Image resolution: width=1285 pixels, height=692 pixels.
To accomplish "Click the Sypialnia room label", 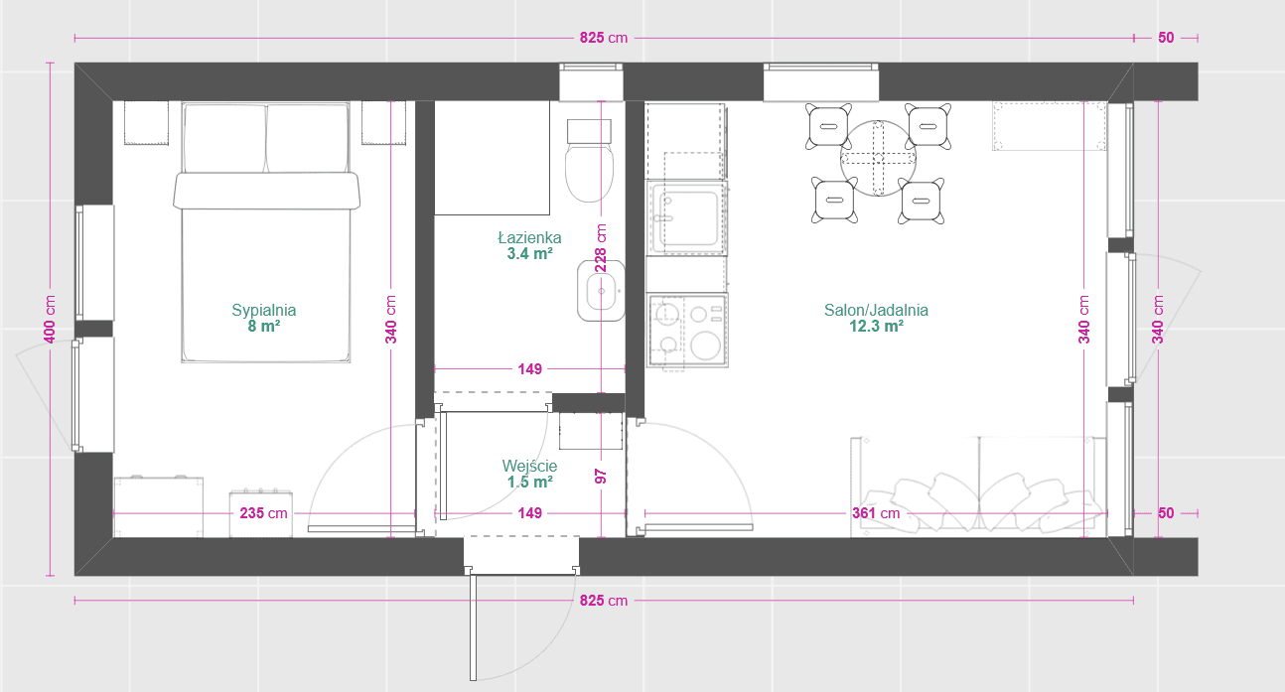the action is tap(264, 310).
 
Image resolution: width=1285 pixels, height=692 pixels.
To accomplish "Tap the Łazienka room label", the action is tap(529, 237).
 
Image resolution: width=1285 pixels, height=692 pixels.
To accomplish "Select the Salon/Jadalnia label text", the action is tap(876, 310).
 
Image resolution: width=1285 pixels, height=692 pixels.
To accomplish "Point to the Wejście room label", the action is tap(529, 466).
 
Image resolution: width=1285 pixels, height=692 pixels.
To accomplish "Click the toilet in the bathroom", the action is tap(589, 161).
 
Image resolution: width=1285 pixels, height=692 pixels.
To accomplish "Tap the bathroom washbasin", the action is tap(601, 291).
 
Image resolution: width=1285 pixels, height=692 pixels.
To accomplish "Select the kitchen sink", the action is tap(687, 218).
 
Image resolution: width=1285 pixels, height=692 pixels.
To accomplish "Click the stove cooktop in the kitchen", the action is tap(687, 330).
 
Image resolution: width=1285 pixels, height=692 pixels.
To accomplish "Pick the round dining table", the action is tap(878, 158).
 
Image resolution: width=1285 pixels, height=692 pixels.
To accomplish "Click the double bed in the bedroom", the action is tap(266, 232).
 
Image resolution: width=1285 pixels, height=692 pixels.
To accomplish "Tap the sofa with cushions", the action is tap(979, 486).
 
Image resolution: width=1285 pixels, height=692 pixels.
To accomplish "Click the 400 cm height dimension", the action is tap(50, 320).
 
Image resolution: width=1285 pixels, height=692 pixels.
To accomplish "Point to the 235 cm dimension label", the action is tap(263, 513).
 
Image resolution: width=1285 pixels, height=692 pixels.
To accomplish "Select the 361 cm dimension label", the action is tap(876, 513).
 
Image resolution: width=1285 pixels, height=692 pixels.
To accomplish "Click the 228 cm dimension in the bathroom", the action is tap(601, 247).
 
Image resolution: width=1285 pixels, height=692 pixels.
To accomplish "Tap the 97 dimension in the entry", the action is tap(601, 477).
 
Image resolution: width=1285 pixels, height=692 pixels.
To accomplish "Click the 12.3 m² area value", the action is tap(876, 327).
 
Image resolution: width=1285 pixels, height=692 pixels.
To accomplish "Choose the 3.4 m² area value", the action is tap(529, 253).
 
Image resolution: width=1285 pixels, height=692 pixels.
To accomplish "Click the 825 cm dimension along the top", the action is tap(604, 38).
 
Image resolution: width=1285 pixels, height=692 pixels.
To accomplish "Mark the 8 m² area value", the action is tap(264, 327).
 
